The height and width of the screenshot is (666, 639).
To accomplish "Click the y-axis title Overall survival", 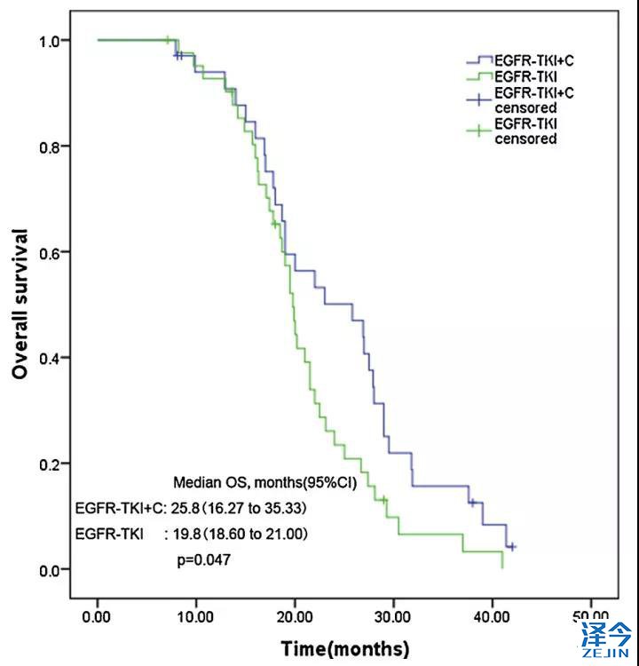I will pyautogui.click(x=20, y=304).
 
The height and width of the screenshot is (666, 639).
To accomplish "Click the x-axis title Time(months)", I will pyautogui.click(x=345, y=648).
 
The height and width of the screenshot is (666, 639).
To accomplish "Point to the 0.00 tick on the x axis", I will pyautogui.click(x=97, y=615).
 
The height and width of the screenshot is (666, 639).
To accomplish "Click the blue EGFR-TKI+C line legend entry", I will pyautogui.click(x=527, y=60).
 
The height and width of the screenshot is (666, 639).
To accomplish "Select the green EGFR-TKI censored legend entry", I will pyautogui.click(x=525, y=131).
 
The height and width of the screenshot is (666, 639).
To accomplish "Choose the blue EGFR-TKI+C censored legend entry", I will pyautogui.click(x=525, y=99).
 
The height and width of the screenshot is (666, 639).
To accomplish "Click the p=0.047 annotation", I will pyautogui.click(x=206, y=561).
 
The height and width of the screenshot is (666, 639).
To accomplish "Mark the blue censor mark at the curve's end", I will pyautogui.click(x=510, y=547).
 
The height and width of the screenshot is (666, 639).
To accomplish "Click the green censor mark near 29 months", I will pyautogui.click(x=383, y=500).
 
